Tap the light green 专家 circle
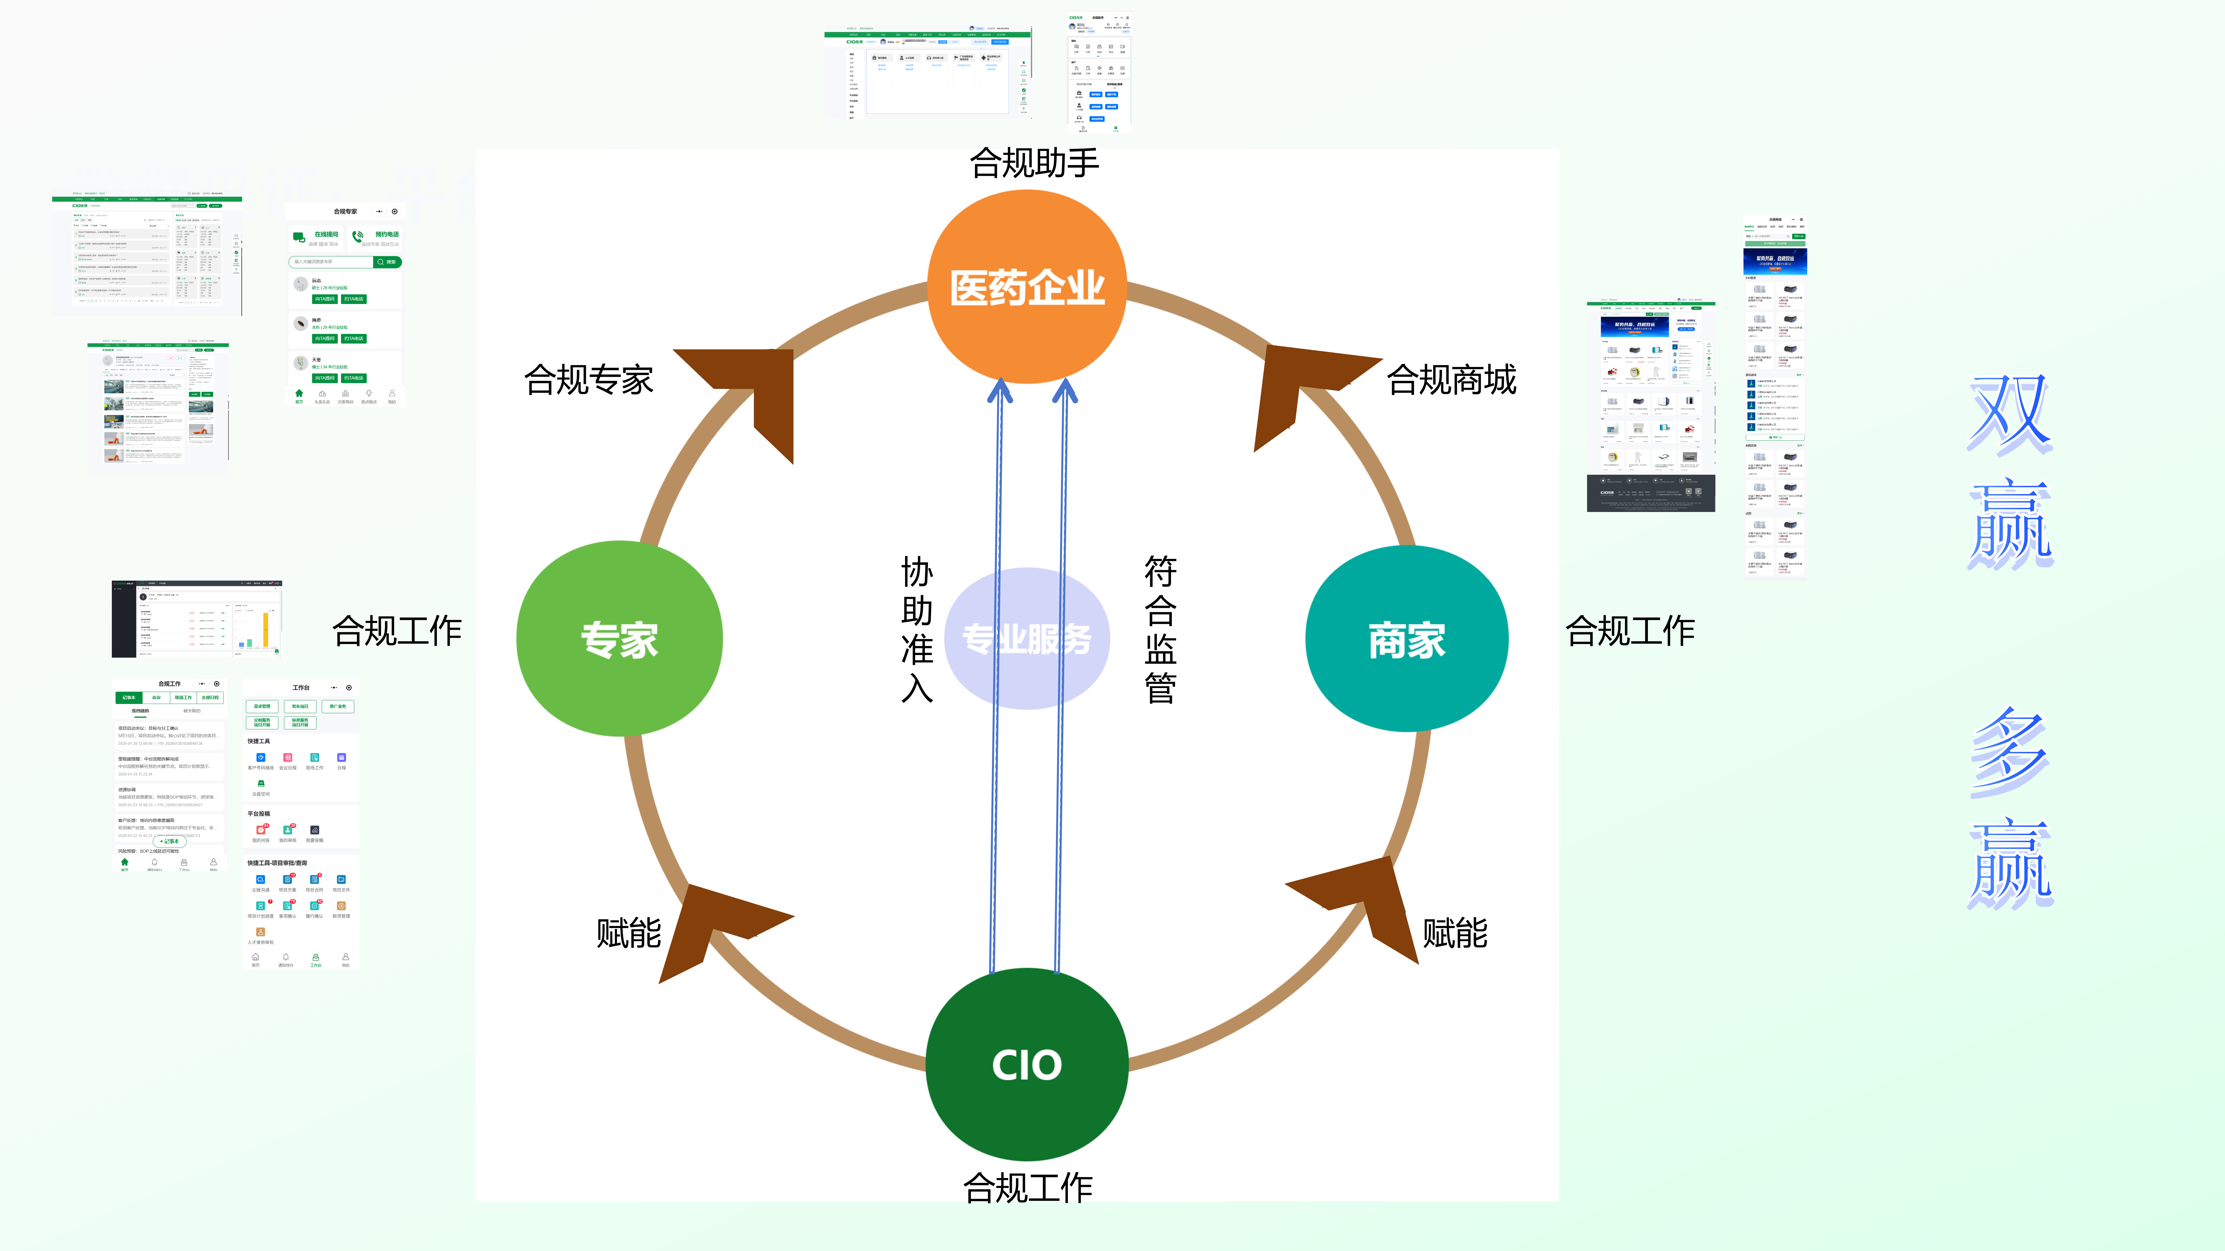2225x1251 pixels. pyautogui.click(x=619, y=639)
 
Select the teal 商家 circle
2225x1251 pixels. pyautogui.click(x=1406, y=639)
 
